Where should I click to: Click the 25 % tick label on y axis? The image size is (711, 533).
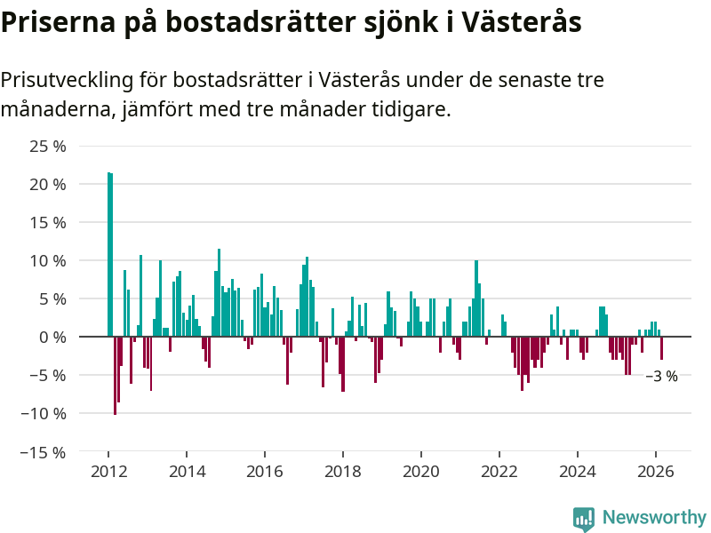pos(48,147)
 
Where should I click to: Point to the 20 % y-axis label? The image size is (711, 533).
pos(48,185)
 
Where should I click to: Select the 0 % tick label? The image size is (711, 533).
pos(52,338)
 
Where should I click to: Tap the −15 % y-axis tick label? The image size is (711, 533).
pos(44,452)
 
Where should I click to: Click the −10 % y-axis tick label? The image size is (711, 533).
pos(44,414)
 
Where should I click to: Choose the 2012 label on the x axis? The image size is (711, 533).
pos(108,472)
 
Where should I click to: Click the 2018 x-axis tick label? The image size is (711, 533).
pos(342,472)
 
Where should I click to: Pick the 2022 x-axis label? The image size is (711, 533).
pos(499,472)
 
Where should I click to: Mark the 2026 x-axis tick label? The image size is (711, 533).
pos(656,472)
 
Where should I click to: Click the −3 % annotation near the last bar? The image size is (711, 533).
pos(661,377)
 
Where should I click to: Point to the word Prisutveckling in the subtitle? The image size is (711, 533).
pos(67,80)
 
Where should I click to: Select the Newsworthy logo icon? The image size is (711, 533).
pos(584,518)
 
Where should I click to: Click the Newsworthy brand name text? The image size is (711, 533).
pos(654,518)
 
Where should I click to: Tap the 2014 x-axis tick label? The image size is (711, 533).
pos(186,472)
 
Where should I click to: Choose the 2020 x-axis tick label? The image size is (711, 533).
pos(420,472)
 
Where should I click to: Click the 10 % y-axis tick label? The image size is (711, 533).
pos(48,261)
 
